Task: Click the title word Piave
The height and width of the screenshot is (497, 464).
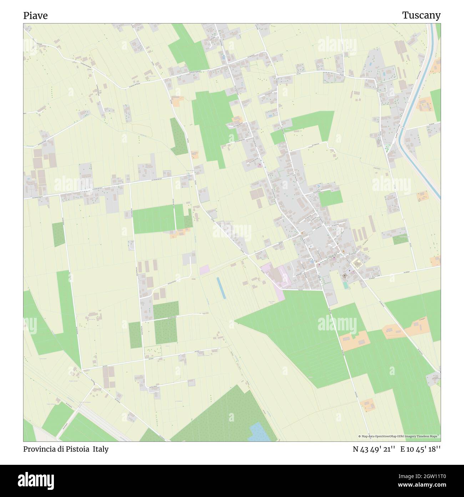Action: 35,16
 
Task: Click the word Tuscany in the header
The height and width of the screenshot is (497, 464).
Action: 421,15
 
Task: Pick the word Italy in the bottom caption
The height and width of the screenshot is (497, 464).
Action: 101,449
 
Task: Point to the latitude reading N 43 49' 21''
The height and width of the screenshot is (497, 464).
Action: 374,449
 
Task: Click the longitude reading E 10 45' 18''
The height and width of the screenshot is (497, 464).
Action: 420,449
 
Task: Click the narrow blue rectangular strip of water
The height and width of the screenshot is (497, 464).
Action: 221,287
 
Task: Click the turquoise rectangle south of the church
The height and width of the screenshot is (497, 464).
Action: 345,285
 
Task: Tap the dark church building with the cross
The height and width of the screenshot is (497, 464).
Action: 345,276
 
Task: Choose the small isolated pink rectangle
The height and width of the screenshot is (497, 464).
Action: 205,270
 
